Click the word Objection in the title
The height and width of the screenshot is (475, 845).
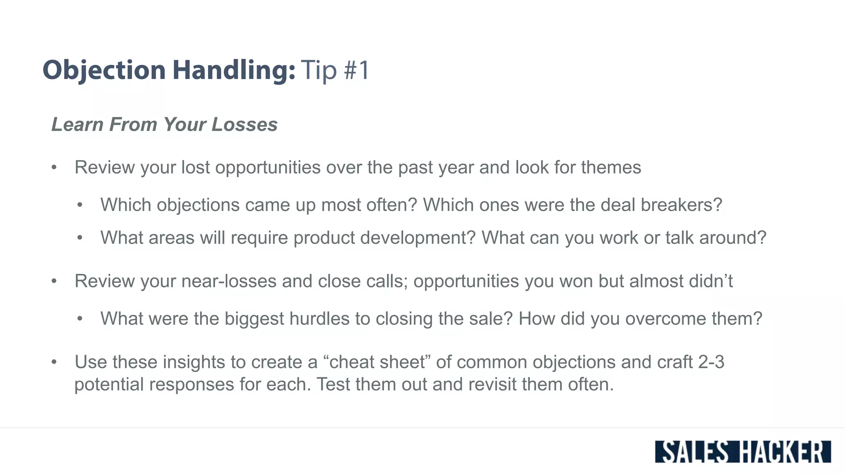click(104, 70)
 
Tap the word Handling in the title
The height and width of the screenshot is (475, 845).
click(234, 70)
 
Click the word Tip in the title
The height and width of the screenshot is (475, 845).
click(319, 70)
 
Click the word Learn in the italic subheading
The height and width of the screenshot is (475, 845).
click(78, 125)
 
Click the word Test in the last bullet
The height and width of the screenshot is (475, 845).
click(333, 384)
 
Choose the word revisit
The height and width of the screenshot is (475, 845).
click(493, 384)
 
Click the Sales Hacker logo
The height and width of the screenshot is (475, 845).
click(743, 452)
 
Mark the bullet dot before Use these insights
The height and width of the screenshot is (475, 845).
click(54, 362)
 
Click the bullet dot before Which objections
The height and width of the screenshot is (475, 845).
click(80, 205)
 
